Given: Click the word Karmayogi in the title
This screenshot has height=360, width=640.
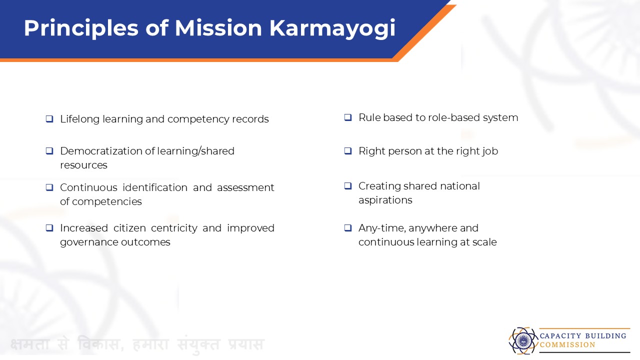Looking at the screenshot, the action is coord(332,28).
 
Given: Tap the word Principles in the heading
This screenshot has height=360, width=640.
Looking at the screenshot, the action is coord(81,28).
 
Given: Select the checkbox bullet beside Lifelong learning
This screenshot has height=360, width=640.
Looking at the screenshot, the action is coord(49,119).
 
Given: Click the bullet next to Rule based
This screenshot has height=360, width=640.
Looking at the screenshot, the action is coord(347,117).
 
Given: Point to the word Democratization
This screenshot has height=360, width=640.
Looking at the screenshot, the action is coord(101,151).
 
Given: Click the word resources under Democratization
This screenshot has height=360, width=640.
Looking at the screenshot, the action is coord(83,165).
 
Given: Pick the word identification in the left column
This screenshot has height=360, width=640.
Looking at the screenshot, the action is coord(155,187).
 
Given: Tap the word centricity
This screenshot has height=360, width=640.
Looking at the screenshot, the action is coord(174,228).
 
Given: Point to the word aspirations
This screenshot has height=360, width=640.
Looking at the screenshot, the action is coord(385,200).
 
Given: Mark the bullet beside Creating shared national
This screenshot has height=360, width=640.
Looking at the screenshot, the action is coord(347,186).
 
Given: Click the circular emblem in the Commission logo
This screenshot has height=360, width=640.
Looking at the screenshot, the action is coord(523,340).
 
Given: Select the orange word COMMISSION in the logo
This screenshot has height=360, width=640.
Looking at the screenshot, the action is coord(567,345).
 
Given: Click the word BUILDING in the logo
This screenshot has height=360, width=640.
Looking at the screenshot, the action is coord(605,335).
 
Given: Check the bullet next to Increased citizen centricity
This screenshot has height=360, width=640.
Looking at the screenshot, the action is coord(49,228).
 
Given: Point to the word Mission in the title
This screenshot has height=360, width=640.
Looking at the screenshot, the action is coord(218,28).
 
